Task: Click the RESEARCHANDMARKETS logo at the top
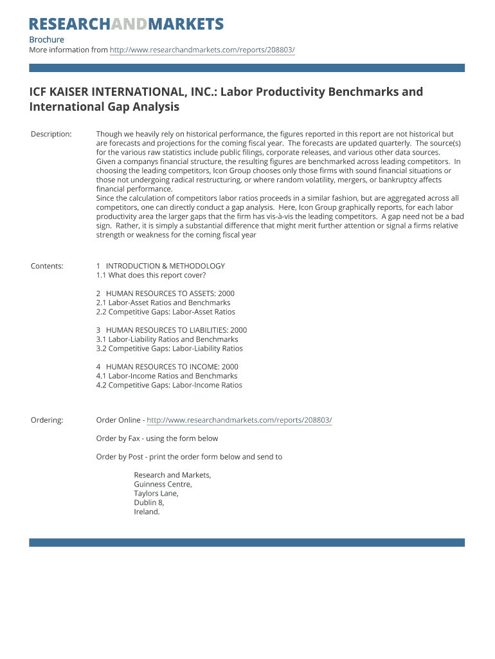point(126,24)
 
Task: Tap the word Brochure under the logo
point(46,40)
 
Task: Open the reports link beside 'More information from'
point(202,50)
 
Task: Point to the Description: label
point(51,134)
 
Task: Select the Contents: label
point(47,266)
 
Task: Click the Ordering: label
point(47,420)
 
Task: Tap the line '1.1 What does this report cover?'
point(151,275)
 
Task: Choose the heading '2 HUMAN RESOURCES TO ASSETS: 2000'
point(165,293)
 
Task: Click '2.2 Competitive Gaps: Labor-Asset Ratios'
point(165,312)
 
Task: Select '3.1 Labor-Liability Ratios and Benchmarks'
point(167,339)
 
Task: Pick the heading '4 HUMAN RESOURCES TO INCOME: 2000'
point(167,367)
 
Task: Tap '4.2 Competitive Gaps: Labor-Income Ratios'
point(169,385)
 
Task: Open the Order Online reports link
point(239,420)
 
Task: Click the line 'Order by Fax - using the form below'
point(157,439)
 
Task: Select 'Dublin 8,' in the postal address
point(148,503)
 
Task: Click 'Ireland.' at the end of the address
point(147,512)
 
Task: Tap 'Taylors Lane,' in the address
point(156,494)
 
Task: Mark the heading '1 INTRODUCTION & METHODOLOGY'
point(161,266)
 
